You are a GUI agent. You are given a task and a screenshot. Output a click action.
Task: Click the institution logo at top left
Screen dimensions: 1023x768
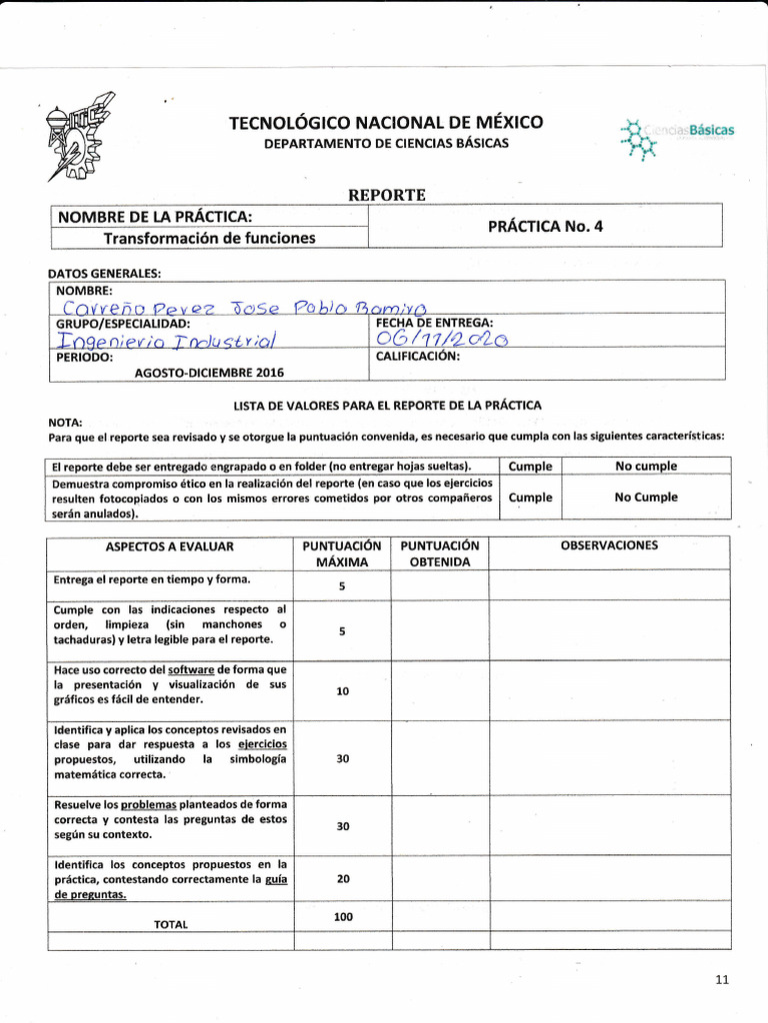[79, 136]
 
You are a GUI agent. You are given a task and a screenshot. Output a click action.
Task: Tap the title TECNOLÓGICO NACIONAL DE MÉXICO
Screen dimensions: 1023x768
[386, 123]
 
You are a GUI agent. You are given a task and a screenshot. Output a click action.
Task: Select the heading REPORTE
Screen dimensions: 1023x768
[386, 195]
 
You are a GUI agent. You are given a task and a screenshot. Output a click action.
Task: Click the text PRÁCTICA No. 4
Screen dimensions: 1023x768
[545, 226]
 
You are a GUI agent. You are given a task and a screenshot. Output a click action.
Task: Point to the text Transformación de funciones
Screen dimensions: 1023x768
[210, 238]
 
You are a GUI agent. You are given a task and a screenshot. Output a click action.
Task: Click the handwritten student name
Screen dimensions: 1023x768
[244, 306]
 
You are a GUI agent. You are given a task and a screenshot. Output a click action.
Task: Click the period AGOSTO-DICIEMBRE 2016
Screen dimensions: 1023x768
[209, 372]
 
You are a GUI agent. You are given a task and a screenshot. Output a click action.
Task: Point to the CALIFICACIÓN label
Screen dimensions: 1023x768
[417, 356]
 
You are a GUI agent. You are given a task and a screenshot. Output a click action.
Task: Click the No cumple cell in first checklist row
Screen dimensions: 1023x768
[646, 466]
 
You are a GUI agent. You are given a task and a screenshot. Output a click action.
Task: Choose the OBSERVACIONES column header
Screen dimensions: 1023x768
[609, 545]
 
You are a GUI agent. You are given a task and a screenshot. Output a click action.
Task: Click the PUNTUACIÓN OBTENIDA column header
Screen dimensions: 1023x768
[440, 553]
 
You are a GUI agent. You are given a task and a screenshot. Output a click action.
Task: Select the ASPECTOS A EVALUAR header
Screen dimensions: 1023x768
[169, 546]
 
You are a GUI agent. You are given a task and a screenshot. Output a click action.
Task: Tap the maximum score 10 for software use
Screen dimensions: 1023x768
[343, 690]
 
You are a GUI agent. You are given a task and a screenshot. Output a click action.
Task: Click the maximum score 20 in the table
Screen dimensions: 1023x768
[343, 878]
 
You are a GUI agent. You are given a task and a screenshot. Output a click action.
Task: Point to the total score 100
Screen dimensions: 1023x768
[343, 916]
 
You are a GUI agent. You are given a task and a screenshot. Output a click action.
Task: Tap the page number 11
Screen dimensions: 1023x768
[723, 979]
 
